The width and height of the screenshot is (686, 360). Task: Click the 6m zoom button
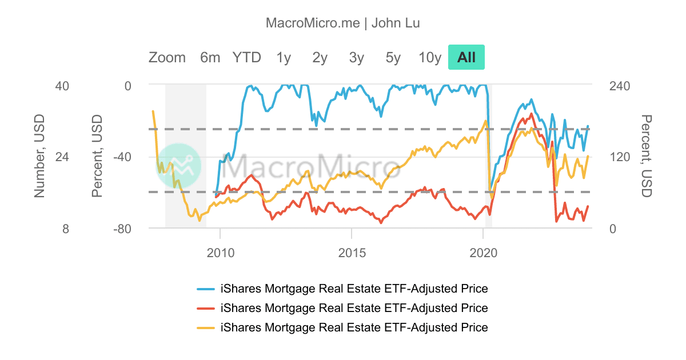tap(210, 58)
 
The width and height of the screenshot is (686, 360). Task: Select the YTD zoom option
tap(246, 58)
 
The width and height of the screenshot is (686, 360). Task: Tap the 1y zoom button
tap(284, 58)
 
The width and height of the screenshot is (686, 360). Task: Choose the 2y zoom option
tap(320, 58)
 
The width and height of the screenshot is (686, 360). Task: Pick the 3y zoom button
tap(357, 58)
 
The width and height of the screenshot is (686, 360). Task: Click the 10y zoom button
tap(430, 58)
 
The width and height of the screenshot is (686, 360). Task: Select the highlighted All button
tap(466, 58)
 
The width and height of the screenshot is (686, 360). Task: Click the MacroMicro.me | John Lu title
tap(343, 23)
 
